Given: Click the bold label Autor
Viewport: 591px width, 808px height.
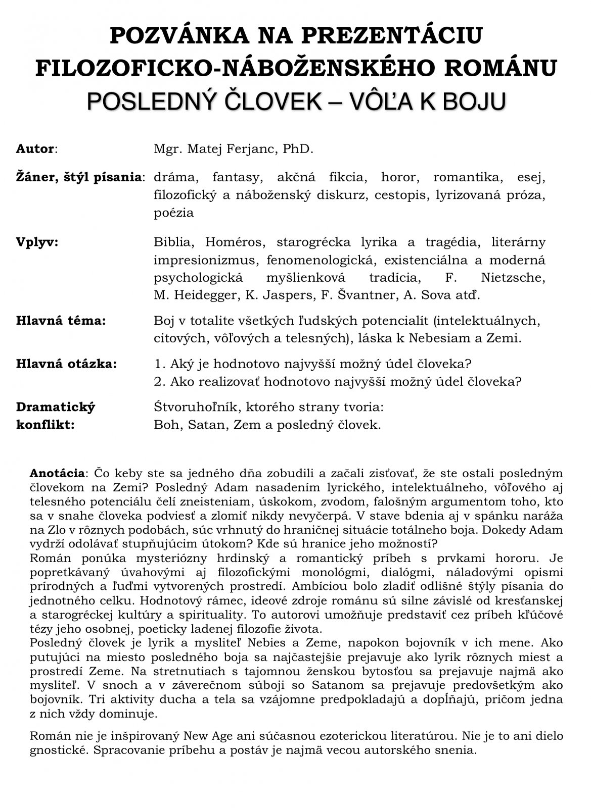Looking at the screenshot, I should [x=35, y=149].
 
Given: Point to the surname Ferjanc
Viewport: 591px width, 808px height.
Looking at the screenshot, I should [x=251, y=149].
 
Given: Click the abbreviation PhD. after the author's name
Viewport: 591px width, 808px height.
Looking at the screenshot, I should [x=299, y=149].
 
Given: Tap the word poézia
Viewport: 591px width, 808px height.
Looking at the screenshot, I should [x=173, y=213].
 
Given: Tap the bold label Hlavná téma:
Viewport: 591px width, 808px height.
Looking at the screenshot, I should [x=61, y=321].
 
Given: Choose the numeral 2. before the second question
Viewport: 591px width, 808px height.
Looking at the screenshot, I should [x=160, y=381].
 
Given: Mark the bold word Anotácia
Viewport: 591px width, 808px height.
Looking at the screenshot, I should [x=57, y=474].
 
